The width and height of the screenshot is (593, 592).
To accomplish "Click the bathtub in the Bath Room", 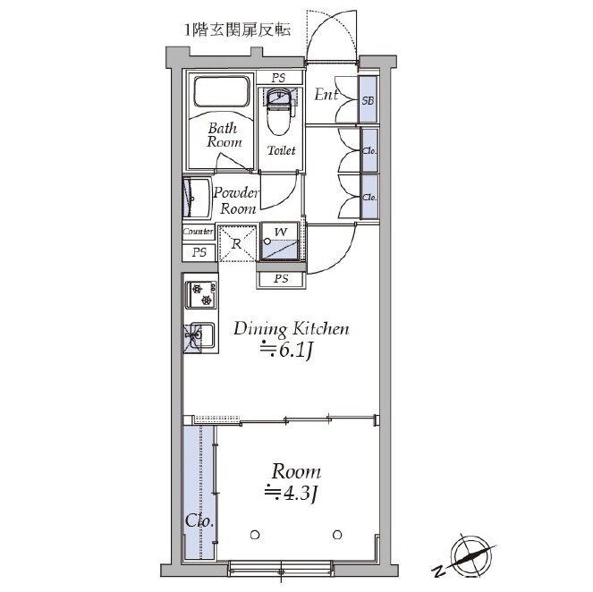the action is (222, 91).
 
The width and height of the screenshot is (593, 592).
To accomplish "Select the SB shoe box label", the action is (368, 100).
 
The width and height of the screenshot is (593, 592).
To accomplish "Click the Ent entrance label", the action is (326, 95).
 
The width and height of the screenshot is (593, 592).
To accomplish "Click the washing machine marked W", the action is (281, 241).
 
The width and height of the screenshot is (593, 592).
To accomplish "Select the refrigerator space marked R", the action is (237, 243).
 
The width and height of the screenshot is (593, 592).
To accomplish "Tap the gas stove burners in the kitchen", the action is (201, 295).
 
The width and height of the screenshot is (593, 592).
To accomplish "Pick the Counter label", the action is (199, 232).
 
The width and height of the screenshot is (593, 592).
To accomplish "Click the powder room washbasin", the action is (196, 199).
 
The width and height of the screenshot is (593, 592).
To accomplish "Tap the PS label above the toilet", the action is (279, 79).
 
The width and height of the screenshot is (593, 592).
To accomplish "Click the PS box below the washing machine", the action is (281, 279).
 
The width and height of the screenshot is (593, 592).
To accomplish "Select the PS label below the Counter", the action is (199, 252).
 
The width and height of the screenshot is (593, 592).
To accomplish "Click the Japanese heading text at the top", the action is (238, 30).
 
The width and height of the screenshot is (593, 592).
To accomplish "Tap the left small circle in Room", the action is (255, 535).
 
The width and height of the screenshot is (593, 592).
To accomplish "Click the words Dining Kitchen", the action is (292, 329).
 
